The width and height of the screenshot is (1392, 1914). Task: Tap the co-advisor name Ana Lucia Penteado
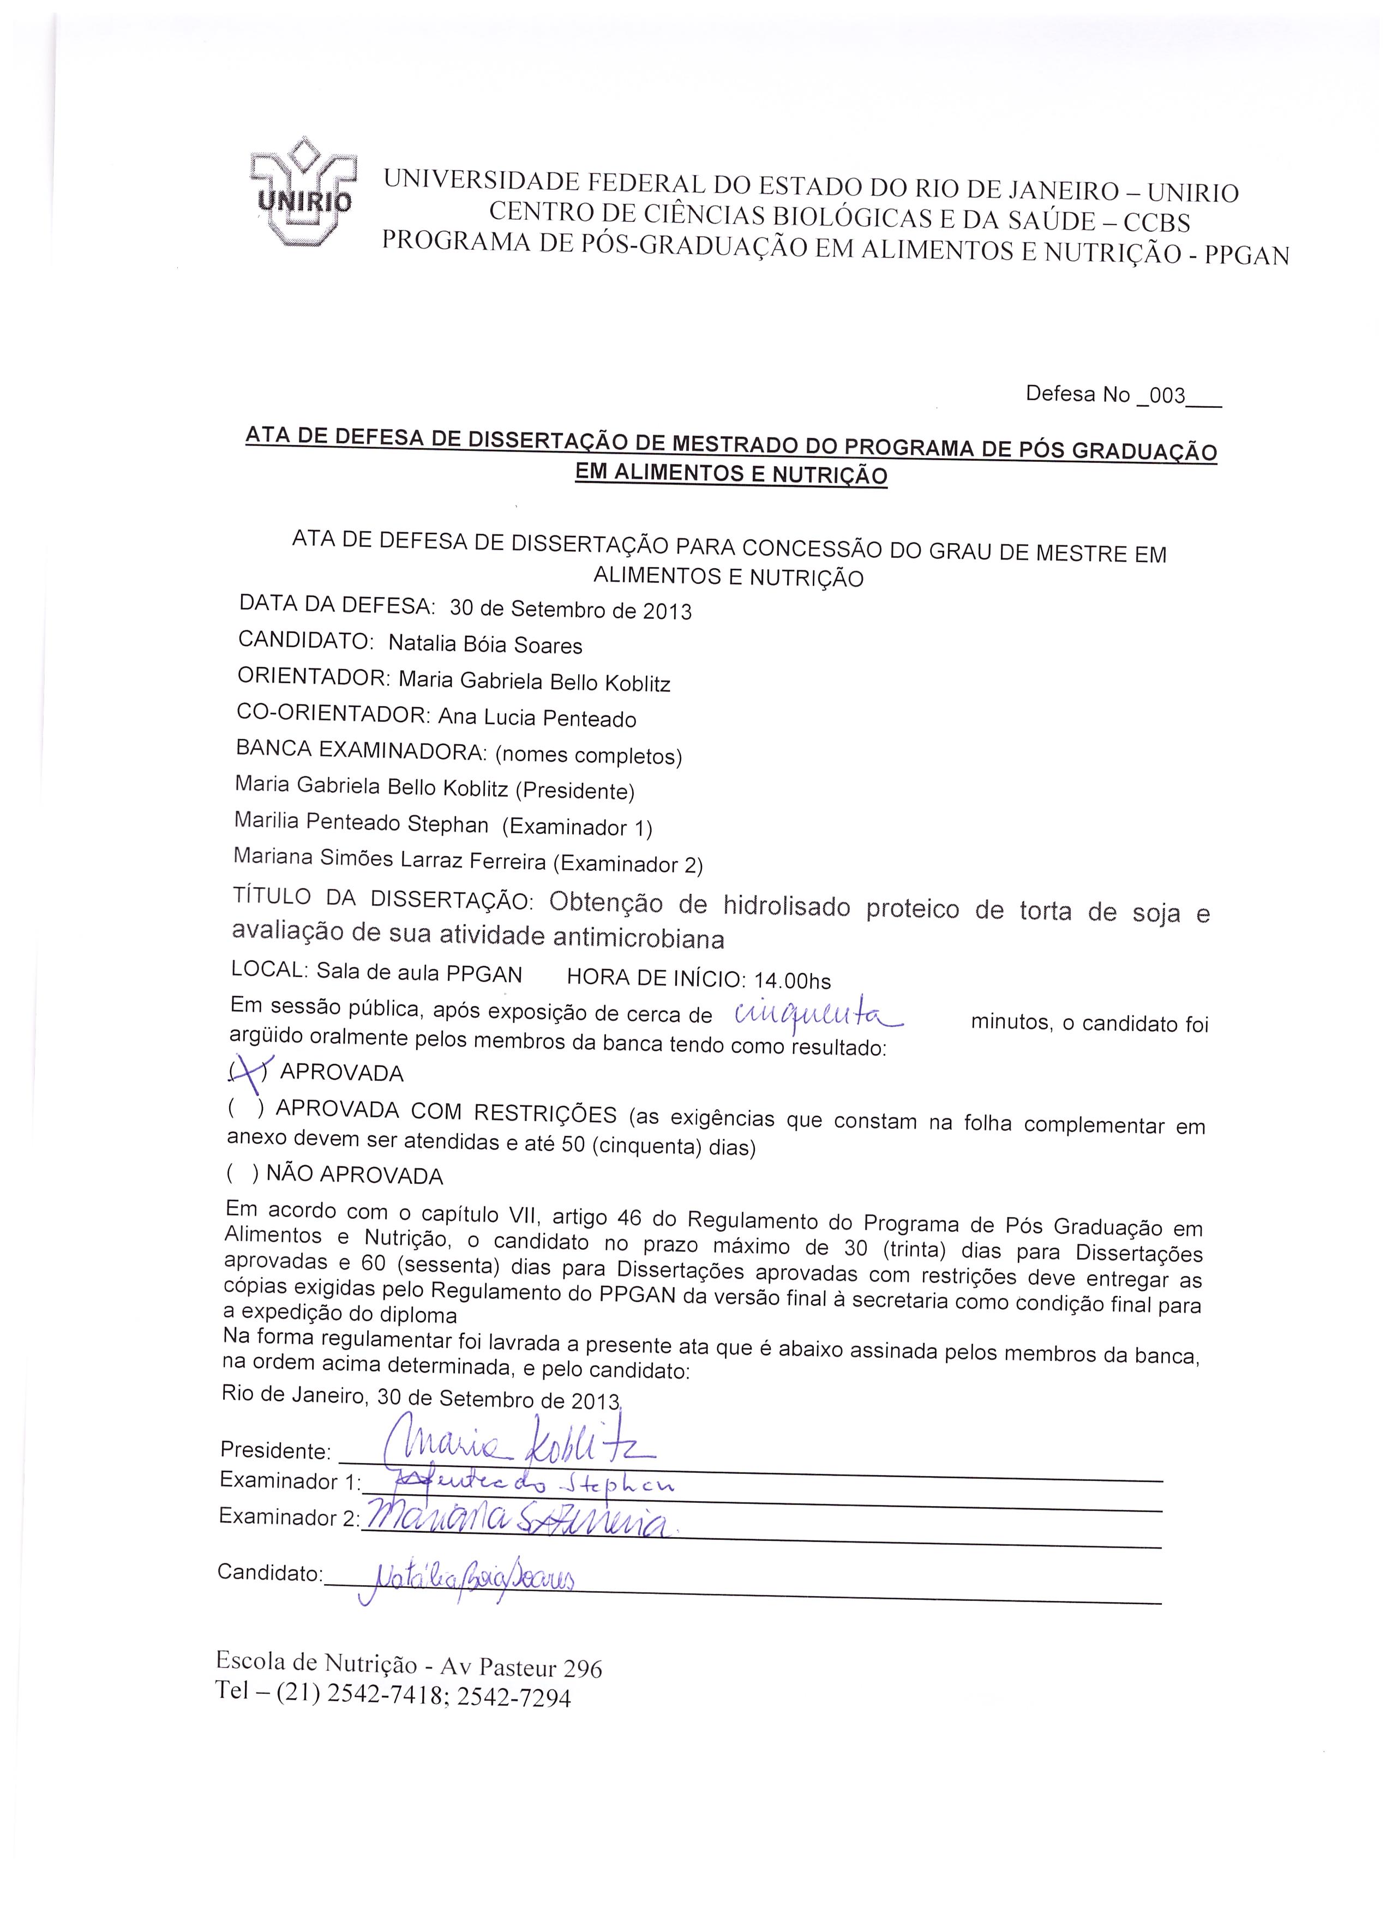click(537, 718)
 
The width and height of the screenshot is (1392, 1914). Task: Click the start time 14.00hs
click(793, 980)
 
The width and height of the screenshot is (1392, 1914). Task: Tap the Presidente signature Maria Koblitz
click(515, 1448)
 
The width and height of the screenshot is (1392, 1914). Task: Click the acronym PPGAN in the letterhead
click(1247, 255)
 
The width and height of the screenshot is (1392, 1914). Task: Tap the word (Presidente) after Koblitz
click(574, 791)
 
